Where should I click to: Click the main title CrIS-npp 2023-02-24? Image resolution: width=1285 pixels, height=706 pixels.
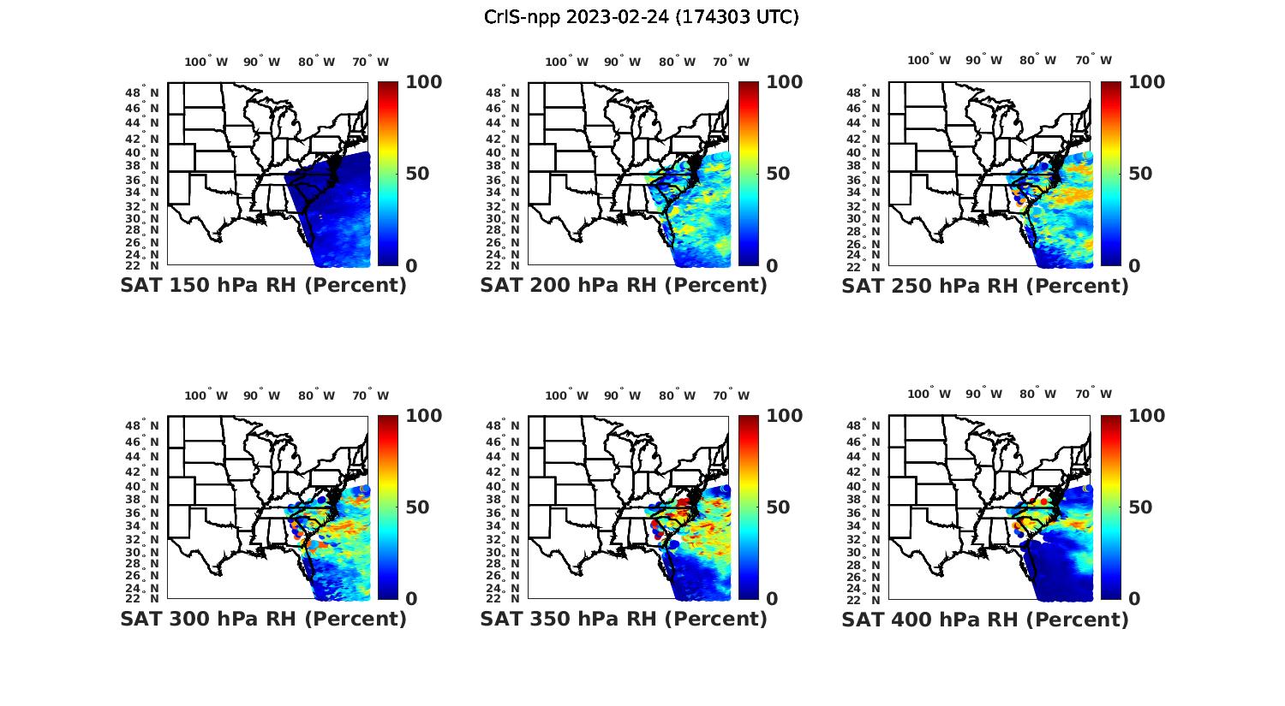(x=641, y=17)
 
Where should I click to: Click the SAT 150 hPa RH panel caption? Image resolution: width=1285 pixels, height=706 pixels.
(x=263, y=286)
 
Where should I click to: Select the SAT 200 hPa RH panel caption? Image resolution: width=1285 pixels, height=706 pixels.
(x=624, y=286)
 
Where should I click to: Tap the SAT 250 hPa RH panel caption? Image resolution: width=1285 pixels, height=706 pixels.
(x=985, y=286)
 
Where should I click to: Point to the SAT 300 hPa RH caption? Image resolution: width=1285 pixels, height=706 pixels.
(x=263, y=619)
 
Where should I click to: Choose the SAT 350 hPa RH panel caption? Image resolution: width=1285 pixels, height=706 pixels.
(x=624, y=619)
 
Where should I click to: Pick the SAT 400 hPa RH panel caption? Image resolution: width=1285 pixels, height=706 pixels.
(x=985, y=619)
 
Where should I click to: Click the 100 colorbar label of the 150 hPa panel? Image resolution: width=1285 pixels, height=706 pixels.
(x=423, y=82)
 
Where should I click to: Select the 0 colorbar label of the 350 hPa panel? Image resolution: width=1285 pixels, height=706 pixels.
(x=772, y=599)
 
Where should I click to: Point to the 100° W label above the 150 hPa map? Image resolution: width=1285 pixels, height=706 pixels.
(x=206, y=62)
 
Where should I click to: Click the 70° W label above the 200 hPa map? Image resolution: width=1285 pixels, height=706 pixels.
(x=730, y=62)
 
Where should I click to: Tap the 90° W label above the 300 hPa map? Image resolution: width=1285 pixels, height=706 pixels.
(x=261, y=395)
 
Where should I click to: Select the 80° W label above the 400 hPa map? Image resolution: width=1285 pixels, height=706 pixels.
(x=1037, y=394)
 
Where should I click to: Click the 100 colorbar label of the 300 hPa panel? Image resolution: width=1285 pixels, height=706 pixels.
(x=423, y=416)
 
